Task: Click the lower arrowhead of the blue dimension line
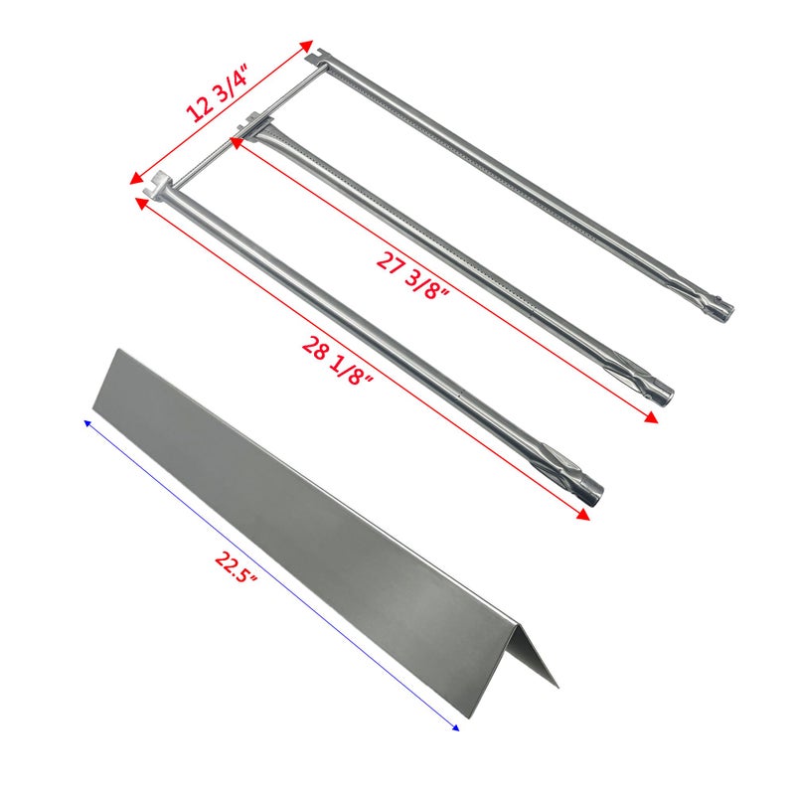pyautogui.click(x=455, y=727)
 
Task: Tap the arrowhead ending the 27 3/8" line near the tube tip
pyautogui.click(x=652, y=420)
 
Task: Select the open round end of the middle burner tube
pyautogui.click(x=664, y=396)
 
